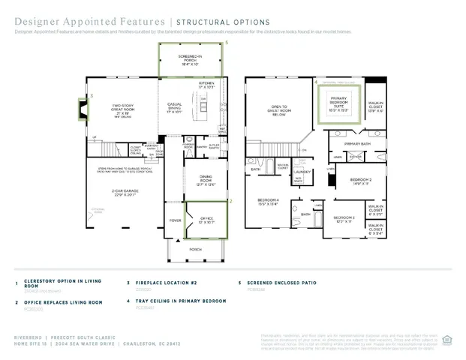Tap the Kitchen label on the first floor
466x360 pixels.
tap(206, 85)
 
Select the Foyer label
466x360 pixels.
tap(174, 221)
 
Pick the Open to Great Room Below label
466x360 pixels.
tap(280, 111)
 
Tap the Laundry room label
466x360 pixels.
tap(302, 171)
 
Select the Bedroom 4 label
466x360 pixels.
tap(268, 201)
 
